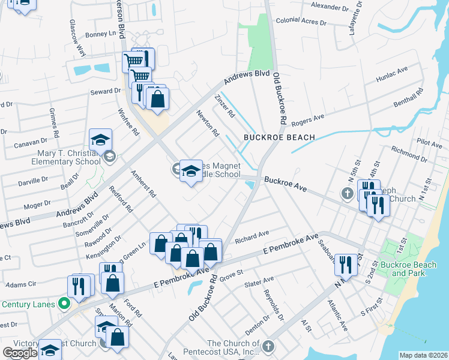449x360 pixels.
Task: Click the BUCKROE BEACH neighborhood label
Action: [x=279, y=137]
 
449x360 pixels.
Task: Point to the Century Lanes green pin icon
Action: [x=64, y=304]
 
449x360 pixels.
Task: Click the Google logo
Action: [x=20, y=353]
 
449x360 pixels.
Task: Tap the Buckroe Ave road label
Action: [x=285, y=184]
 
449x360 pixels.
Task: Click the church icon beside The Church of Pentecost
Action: [x=268, y=346]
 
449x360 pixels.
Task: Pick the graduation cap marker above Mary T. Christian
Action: [x=101, y=140]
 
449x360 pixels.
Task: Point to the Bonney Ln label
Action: [x=100, y=34]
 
